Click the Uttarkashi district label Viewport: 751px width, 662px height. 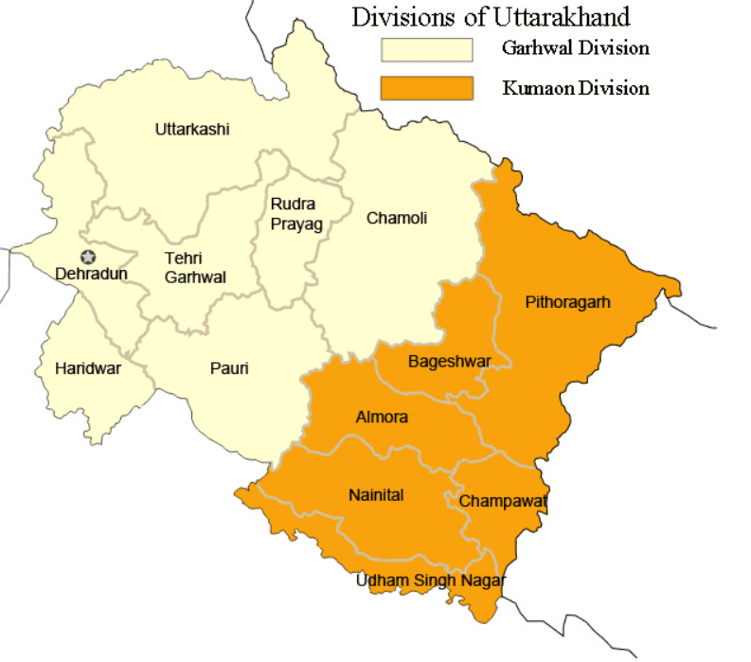(192, 130)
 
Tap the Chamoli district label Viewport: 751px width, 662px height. (397, 218)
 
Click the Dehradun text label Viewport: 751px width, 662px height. (91, 274)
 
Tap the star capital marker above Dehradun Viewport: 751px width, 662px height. (88, 257)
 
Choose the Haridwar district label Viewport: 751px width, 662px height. (88, 368)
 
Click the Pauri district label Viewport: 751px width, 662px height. (229, 368)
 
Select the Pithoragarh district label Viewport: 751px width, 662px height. (568, 303)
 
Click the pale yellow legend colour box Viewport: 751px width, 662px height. (426, 49)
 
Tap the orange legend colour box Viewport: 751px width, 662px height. (426, 88)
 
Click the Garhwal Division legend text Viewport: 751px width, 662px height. (576, 49)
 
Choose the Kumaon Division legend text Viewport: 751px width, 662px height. (576, 88)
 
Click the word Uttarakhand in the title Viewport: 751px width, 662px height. (559, 16)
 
